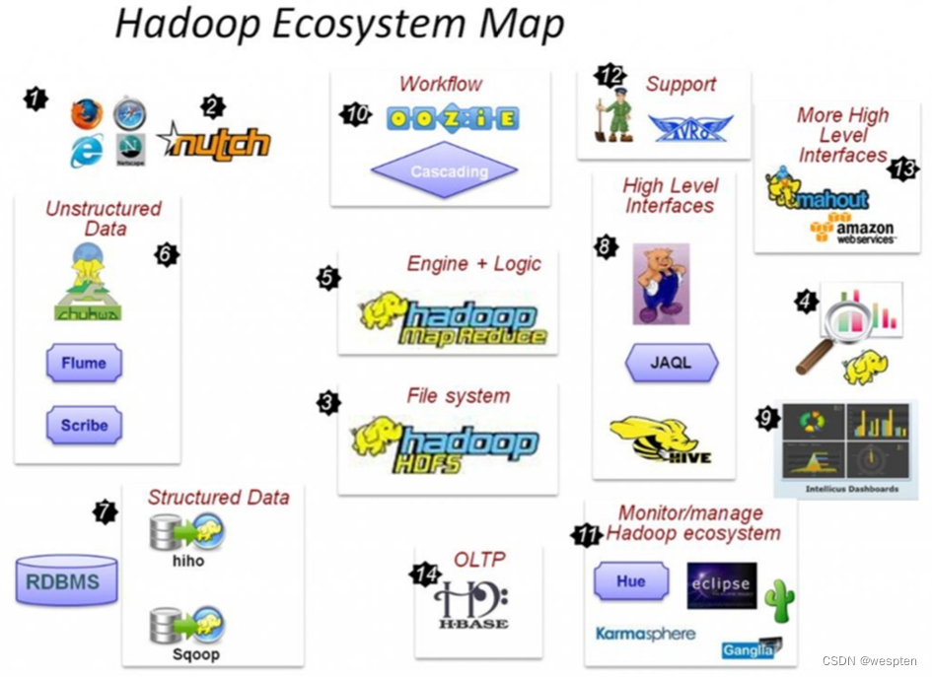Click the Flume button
84,364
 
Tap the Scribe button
84,426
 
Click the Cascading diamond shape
444,171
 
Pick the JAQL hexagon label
671,363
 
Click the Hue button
630,581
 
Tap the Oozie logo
453,119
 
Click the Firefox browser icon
87,115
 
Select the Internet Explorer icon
87,151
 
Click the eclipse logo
721,585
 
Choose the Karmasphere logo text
645,634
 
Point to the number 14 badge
425,574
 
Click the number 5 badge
328,278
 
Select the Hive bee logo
660,440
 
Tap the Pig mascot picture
661,284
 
